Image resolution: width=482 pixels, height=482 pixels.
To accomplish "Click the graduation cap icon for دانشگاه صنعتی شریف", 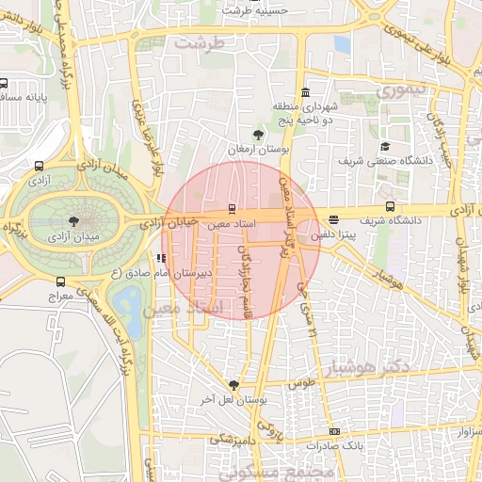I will pyautogui.click(x=385, y=147).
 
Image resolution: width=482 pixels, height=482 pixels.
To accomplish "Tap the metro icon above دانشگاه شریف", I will pyautogui.click(x=390, y=207).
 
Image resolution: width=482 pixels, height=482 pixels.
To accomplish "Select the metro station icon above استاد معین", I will pyautogui.click(x=233, y=208).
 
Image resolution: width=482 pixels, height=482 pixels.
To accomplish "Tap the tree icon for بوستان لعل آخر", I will pyautogui.click(x=233, y=385).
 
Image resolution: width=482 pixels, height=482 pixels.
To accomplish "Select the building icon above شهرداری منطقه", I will pyautogui.click(x=304, y=92).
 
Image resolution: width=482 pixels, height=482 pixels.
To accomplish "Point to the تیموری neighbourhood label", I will pyautogui.click(x=401, y=90).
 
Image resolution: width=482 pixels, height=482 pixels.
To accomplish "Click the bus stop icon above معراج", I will pyautogui.click(x=61, y=281).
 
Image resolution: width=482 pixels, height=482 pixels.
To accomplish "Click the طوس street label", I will pyautogui.click(x=300, y=384).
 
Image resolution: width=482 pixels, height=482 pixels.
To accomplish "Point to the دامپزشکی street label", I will pyautogui.click(x=230, y=439).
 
